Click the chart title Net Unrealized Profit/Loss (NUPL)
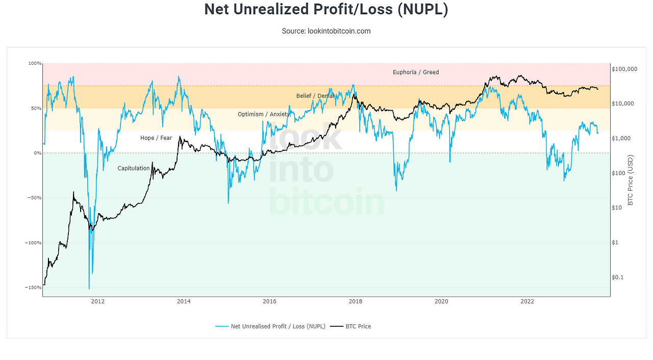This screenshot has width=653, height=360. click(326, 9)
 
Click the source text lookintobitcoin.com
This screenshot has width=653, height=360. click(326, 31)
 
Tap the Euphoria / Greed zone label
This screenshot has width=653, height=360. click(415, 72)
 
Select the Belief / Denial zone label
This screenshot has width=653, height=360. click(315, 96)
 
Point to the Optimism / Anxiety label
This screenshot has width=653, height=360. click(263, 114)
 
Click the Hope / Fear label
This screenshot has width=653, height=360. click(156, 138)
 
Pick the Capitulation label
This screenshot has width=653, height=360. click(134, 168)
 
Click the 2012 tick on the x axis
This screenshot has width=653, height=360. click(97, 301)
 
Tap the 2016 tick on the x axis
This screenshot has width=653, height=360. click(269, 301)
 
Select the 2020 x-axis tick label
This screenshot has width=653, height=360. click(441, 301)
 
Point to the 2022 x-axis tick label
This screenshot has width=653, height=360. click(527, 301)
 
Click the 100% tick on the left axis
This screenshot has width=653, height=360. click(34, 64)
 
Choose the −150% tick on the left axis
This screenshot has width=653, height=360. click(33, 288)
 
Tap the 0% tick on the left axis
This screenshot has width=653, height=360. click(37, 153)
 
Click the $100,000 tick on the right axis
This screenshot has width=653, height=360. click(624, 69)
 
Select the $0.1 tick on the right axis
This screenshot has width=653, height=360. click(618, 277)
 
